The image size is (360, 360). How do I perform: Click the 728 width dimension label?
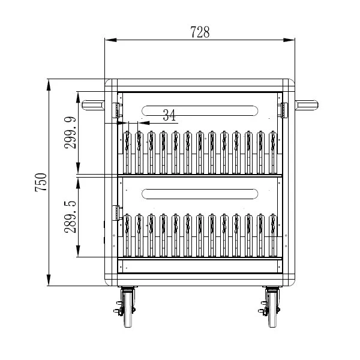[200, 32]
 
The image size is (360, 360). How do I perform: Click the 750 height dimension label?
[41, 182]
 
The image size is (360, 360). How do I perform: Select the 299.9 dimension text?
[70, 133]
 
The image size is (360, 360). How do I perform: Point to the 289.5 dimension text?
[70, 217]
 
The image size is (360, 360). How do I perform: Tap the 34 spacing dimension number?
[169, 115]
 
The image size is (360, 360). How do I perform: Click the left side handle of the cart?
[93, 105]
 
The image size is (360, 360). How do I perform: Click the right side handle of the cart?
[307, 105]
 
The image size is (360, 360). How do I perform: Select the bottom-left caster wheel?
[128, 307]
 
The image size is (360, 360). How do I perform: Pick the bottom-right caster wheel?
[272, 307]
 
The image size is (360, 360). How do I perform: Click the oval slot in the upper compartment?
[200, 110]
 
